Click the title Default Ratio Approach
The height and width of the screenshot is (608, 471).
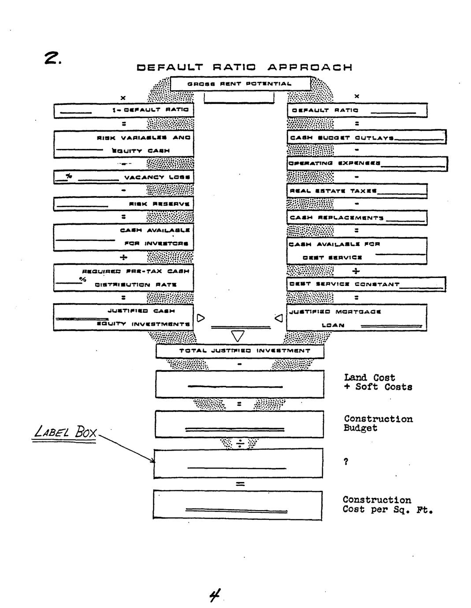[x=244, y=67]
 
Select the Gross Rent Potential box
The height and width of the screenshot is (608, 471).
[x=240, y=84]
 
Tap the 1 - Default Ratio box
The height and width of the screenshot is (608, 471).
[x=123, y=110]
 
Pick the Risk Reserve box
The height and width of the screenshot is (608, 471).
[x=123, y=204]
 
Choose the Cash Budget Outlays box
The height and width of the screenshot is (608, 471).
[x=367, y=137]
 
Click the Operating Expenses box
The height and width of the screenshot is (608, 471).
[x=367, y=163]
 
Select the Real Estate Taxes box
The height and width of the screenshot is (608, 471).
[x=357, y=191]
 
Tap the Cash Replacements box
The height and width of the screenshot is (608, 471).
[x=357, y=218]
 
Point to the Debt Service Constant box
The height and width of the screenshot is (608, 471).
[x=367, y=284]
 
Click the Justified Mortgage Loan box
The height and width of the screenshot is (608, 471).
[x=357, y=318]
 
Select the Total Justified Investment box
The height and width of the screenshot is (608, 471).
[x=240, y=351]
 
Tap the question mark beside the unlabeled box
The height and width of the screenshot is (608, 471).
[x=346, y=462]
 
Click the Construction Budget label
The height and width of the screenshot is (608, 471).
[x=378, y=423]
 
